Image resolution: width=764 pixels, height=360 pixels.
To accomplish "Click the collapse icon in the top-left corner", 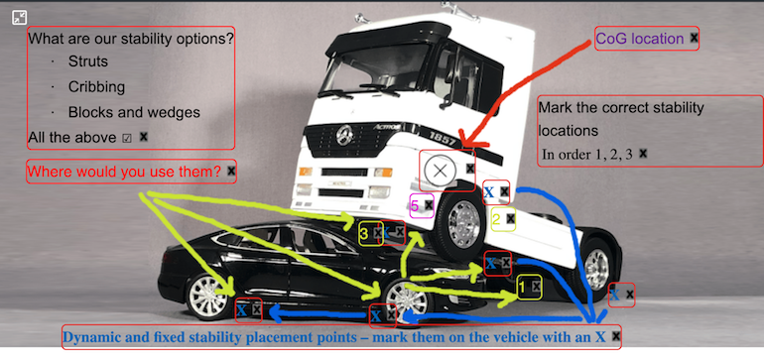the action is tap(19, 18).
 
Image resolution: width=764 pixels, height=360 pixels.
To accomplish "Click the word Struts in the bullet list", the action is tap(88, 61).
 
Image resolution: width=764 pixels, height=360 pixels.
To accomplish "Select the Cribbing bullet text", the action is tap(96, 87).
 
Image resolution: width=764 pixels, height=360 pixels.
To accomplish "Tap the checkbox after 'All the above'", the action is tap(127, 139).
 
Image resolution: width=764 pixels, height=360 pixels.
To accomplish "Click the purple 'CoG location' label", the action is tap(640, 39).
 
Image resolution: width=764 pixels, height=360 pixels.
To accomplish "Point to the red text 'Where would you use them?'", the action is tap(124, 172).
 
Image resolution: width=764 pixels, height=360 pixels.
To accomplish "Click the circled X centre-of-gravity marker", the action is tap(440, 171).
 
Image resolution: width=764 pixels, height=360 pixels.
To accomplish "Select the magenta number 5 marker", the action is tap(415, 205).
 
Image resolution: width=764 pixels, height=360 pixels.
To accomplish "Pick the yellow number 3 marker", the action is tap(364, 234).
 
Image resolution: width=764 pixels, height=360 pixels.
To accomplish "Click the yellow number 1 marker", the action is tap(522, 288).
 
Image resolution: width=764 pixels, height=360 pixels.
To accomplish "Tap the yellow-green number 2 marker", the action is tap(496, 219).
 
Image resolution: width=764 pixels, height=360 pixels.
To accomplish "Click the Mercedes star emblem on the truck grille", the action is tap(344, 132).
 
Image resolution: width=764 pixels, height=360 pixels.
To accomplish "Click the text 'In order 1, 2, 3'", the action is tap(587, 155).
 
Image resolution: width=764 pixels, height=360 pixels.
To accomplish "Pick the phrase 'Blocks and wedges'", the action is tap(134, 112).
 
